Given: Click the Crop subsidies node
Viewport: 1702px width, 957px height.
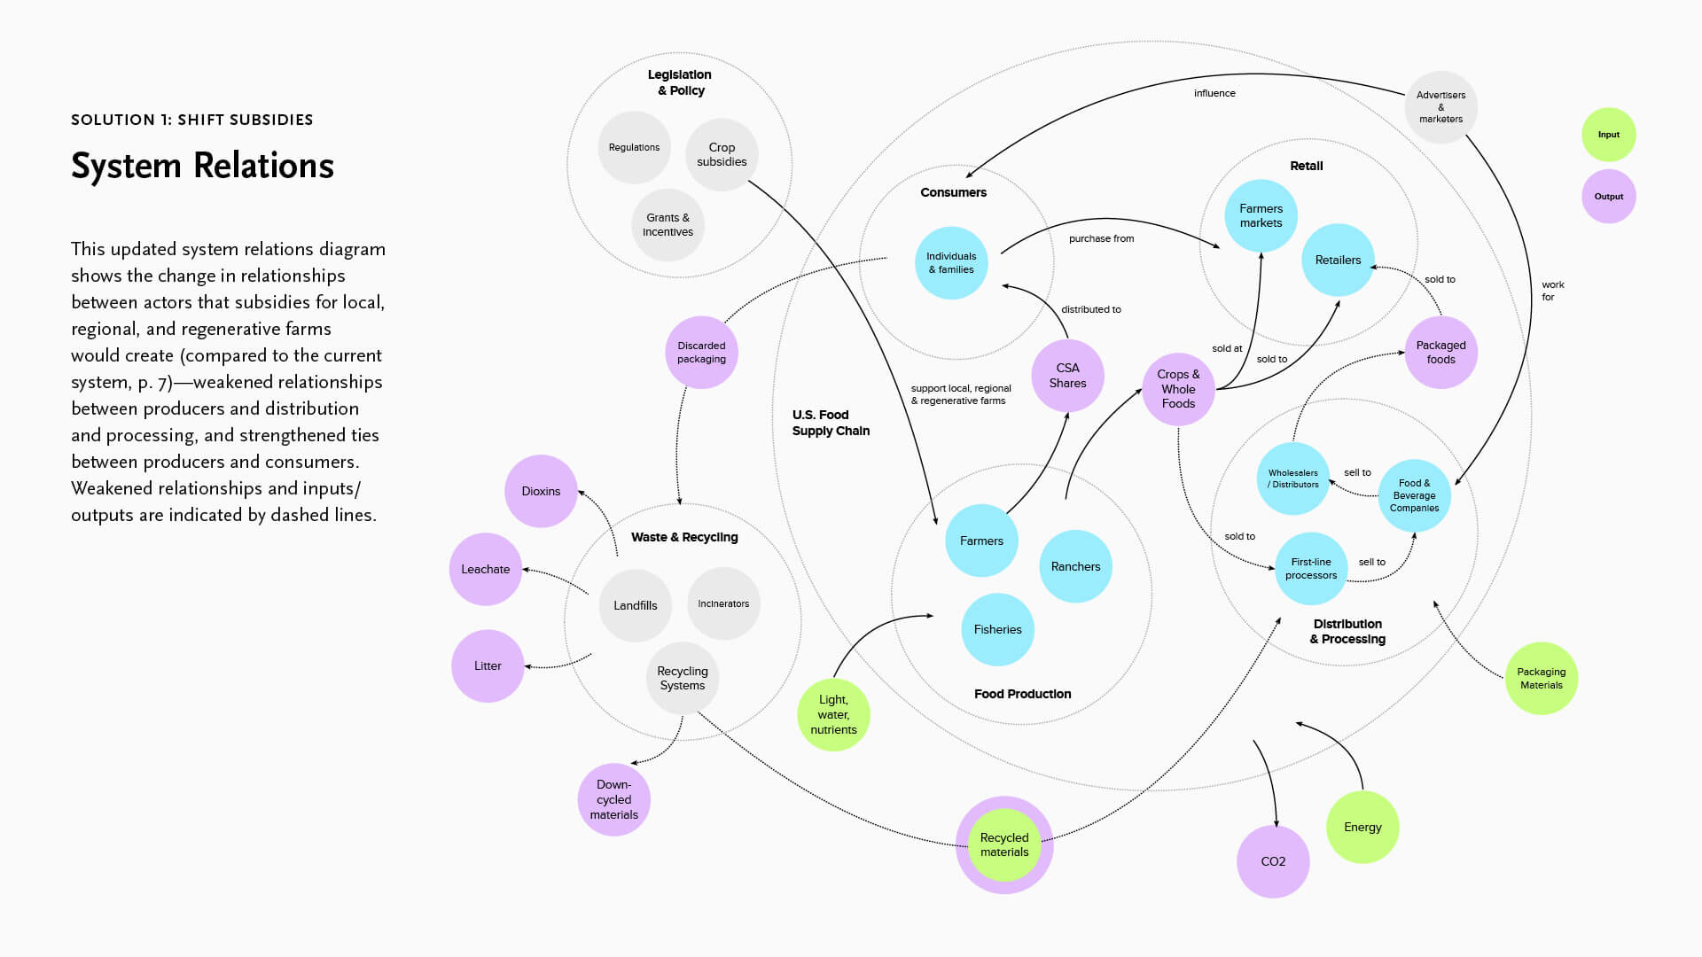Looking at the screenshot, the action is coord(722,155).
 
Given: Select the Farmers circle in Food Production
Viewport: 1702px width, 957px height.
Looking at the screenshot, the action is coord(981,541).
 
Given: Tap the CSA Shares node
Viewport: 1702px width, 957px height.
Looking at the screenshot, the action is coord(1067,376).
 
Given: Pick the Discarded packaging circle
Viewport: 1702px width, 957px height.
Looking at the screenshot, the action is coord(701,353).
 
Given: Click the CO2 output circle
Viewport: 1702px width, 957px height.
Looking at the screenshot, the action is coord(1273,861).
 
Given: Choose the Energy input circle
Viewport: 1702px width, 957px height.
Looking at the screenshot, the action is coord(1362,827).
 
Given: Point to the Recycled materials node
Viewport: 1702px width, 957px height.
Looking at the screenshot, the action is coord(1004,844).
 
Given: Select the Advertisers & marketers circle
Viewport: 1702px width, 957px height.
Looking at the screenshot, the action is coord(1440,107).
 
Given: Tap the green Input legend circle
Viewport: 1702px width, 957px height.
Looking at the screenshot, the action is coord(1609,135).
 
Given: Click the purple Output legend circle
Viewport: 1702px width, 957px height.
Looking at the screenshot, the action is coord(1609,197).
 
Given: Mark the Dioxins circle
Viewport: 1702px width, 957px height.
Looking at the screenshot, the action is coord(541,491).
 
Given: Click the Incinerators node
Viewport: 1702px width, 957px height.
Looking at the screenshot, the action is coord(723,603).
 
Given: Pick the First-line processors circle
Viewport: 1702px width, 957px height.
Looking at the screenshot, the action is coord(1311,569).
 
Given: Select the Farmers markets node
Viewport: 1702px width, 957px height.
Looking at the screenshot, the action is coord(1261,216).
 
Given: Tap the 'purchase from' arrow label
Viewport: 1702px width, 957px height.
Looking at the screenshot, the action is coord(1101,238).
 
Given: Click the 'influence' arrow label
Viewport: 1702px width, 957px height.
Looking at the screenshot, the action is coord(1214,93).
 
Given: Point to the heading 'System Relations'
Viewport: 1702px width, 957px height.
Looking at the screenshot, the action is coord(202,166).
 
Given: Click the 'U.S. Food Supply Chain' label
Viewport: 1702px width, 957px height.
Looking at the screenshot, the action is coord(831,423).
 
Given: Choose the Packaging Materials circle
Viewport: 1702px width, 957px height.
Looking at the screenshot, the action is coord(1542,679).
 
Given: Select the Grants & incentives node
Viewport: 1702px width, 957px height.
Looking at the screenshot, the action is coord(668,225).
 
